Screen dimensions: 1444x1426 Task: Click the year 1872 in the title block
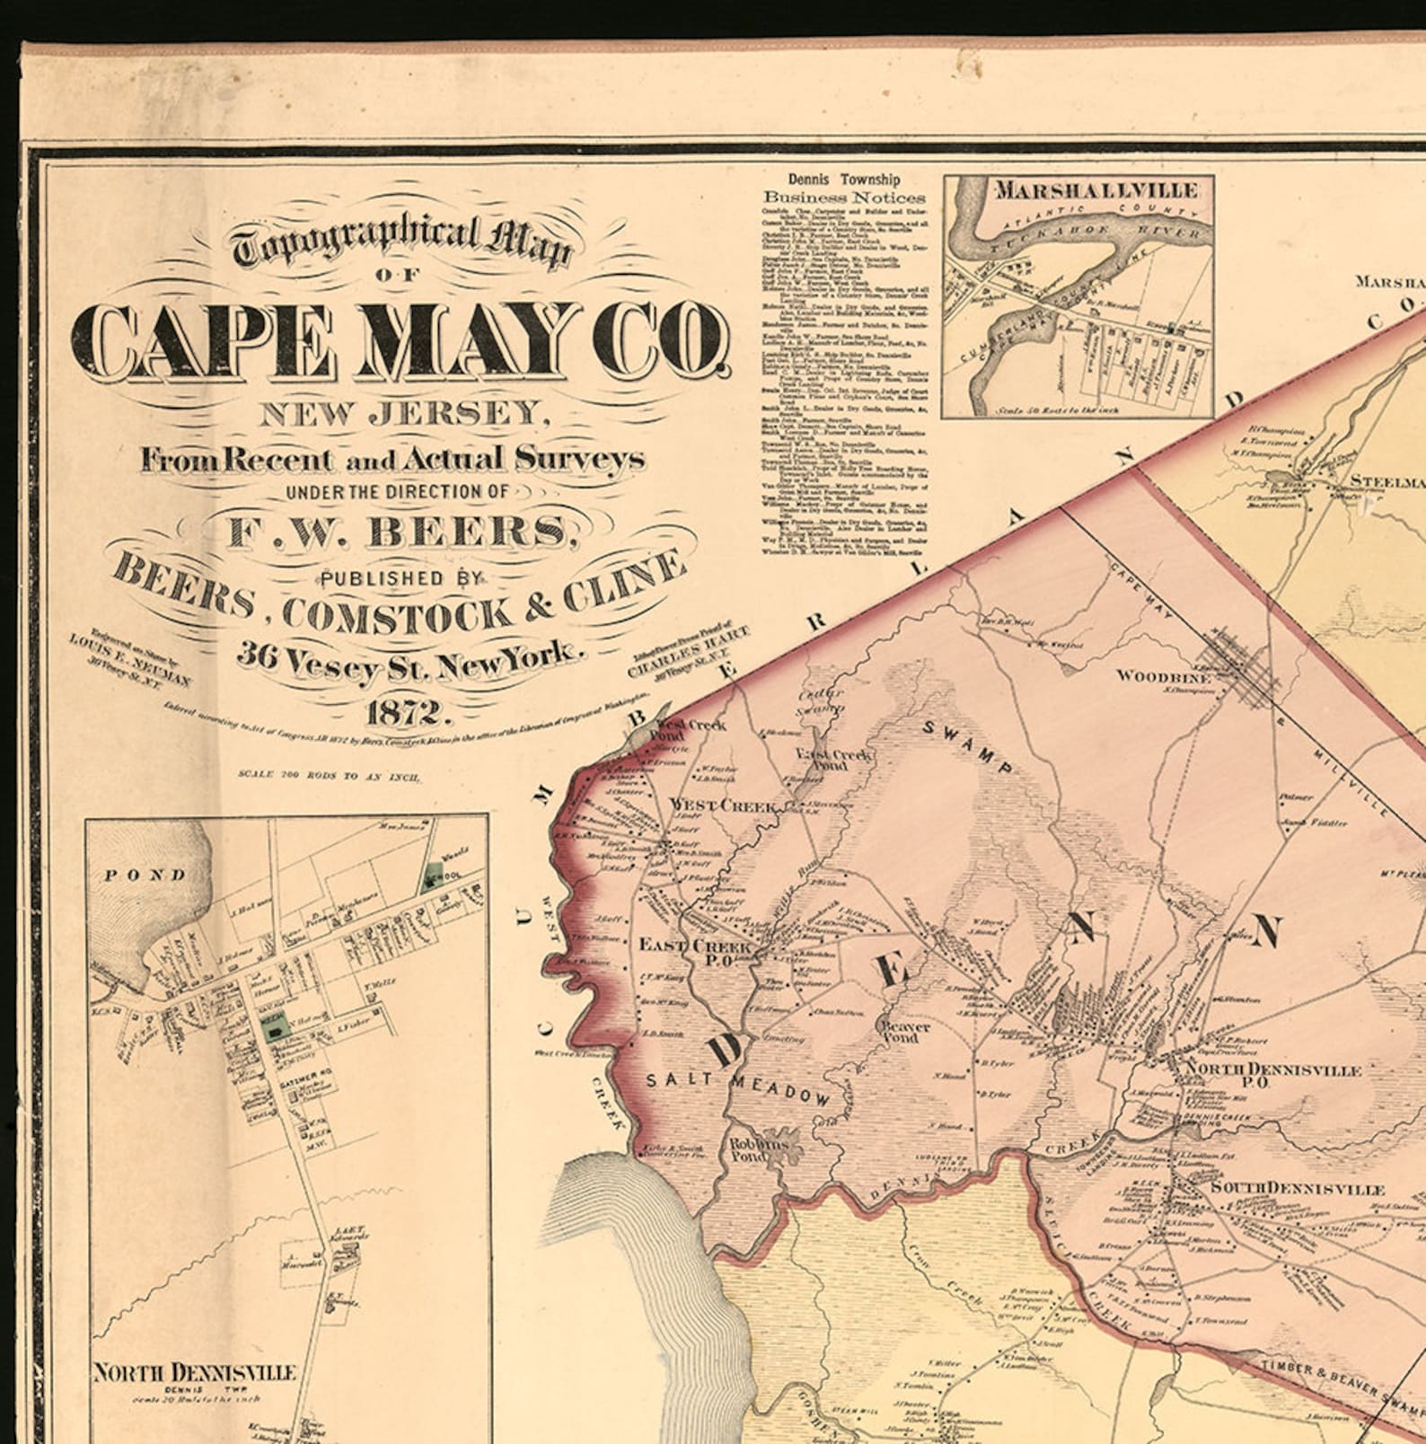(403, 713)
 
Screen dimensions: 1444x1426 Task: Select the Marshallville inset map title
(1096, 190)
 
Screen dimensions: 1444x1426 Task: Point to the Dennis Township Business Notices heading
(844, 189)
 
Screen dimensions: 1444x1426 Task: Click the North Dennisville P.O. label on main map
(1273, 1075)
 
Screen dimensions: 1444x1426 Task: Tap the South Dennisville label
(1297, 1188)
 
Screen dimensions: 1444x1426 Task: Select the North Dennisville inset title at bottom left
(194, 1372)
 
